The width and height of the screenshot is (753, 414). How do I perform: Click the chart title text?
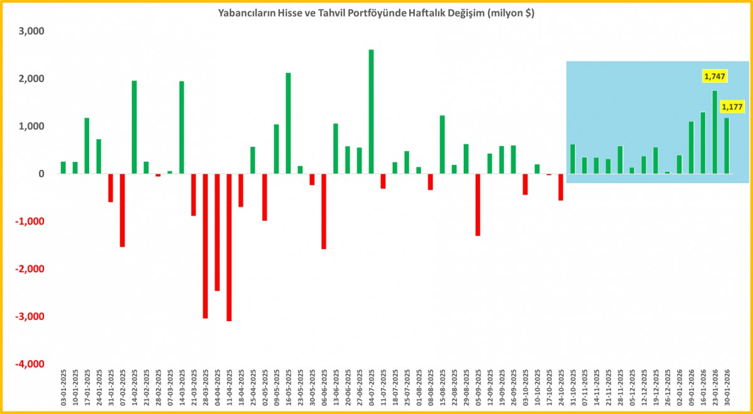376,13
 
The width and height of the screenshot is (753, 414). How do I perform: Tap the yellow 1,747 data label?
713,77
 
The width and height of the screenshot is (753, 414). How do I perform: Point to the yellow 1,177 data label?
732,107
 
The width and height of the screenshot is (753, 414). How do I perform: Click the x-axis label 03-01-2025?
63,389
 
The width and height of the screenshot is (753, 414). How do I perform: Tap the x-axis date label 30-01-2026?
727,389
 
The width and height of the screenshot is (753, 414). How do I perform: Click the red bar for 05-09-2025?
478,204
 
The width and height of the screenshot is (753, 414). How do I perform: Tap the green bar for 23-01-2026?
715,132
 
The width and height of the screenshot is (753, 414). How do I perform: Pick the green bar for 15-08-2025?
442,145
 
